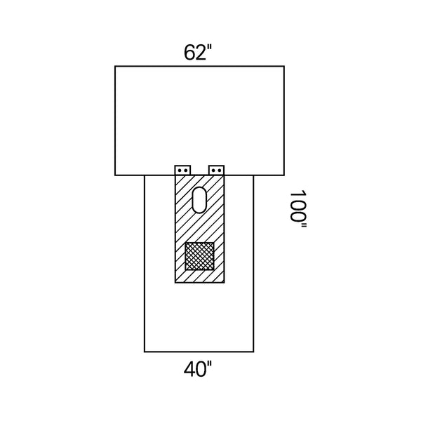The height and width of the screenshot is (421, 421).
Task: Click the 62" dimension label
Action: [198, 52]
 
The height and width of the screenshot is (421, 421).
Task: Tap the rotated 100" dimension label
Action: [298, 209]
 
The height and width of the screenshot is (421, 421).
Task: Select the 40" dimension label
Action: [198, 369]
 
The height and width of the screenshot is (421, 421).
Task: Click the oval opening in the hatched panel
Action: [199, 200]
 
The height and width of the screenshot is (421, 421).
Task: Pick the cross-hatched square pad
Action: [200, 256]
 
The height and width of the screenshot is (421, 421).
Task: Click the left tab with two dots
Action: [182, 171]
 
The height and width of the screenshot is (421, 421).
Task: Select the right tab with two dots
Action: [216, 171]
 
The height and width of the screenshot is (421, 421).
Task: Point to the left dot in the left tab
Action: [180, 171]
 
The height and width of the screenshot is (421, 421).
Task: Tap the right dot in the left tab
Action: [185, 171]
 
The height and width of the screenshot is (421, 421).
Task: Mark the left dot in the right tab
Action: [213, 171]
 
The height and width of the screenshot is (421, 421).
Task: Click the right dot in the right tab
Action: [220, 171]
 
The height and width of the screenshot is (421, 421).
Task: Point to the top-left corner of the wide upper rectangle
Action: [115, 66]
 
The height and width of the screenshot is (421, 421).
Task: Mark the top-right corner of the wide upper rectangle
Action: [284, 66]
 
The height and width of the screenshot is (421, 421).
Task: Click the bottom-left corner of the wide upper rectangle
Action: [115, 175]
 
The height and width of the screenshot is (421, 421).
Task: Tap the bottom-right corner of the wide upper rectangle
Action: [284, 175]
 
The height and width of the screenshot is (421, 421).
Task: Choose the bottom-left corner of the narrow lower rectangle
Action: [145, 352]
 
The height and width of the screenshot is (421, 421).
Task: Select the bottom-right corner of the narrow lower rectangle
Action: [253, 352]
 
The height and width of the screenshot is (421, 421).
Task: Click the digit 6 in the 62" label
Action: [189, 53]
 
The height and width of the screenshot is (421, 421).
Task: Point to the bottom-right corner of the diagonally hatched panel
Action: [224, 283]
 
